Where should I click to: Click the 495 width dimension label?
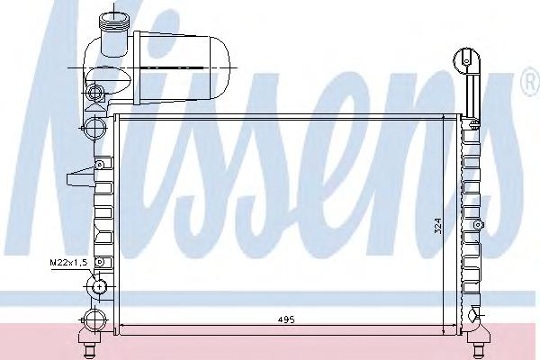(286, 319)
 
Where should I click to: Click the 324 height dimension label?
(437, 226)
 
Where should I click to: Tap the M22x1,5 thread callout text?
(69, 263)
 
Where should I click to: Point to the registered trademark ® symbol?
(532, 81)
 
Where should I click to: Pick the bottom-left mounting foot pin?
(91, 351)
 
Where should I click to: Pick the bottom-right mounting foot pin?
(479, 351)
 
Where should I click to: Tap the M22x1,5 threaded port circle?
(99, 286)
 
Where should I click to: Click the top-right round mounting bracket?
(466, 61)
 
